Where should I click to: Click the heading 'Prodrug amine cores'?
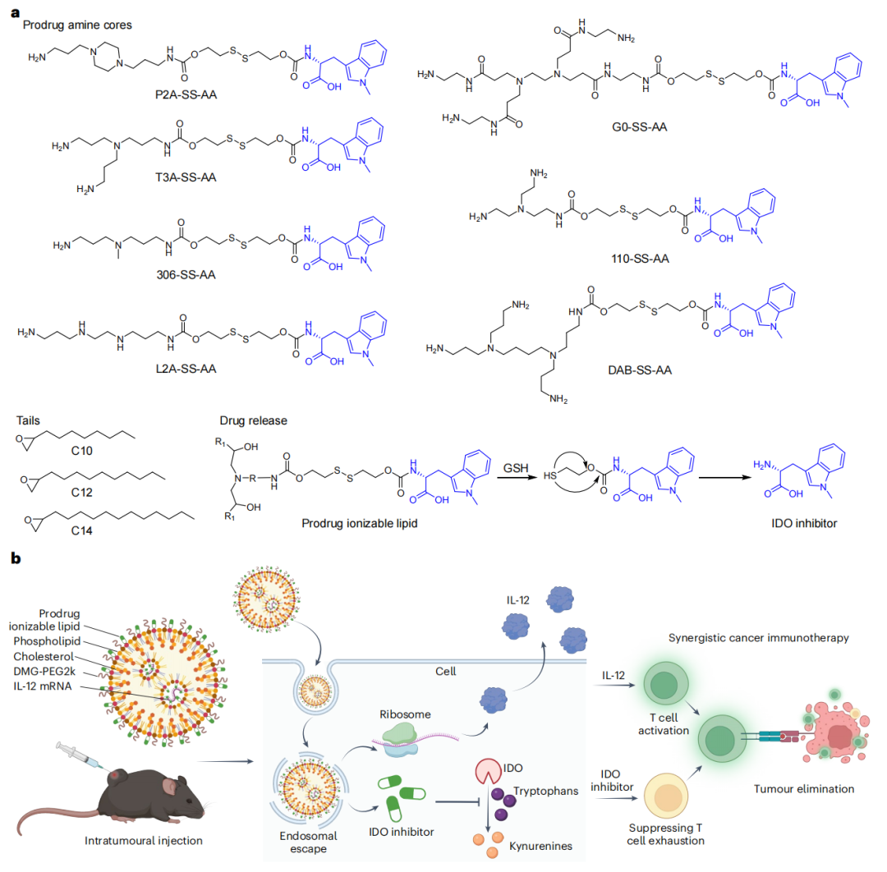77,25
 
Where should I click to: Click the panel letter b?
16,559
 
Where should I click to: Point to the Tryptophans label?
546,790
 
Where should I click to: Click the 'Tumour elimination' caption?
805,789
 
